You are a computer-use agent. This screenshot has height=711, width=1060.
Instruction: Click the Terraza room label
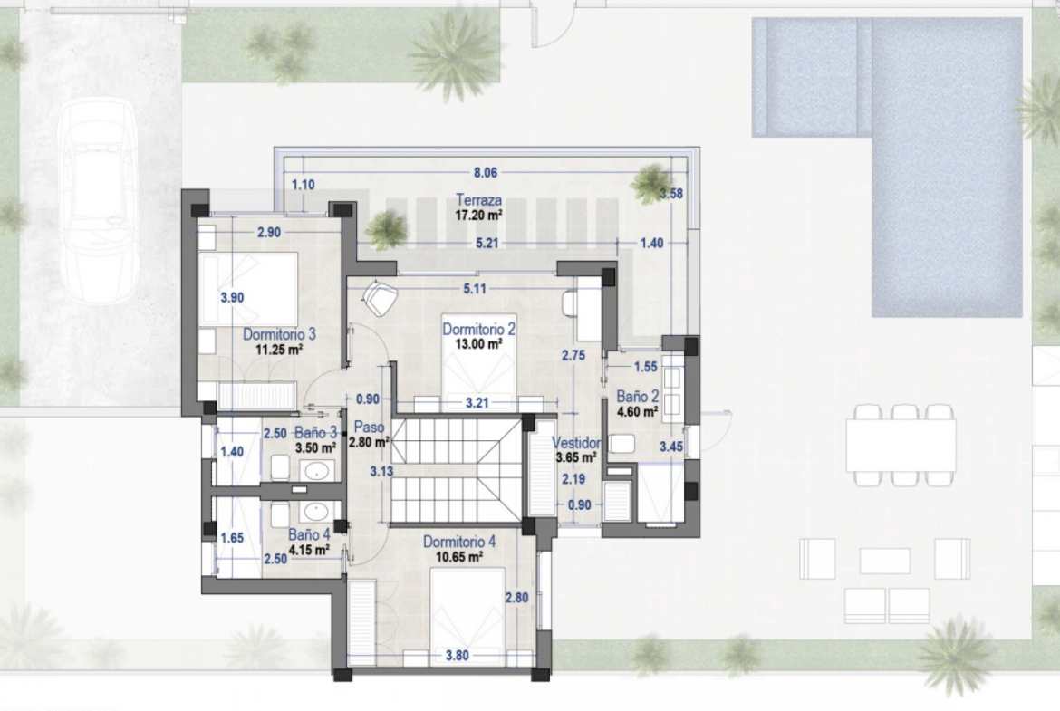coord(478,200)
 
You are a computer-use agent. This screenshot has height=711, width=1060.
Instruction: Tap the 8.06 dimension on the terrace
coord(486,172)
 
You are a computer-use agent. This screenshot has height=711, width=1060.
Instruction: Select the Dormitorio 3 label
coord(279,334)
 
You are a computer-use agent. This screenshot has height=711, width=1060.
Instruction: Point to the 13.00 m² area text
coord(478,344)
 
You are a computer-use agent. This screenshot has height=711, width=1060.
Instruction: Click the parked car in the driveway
coord(99,201)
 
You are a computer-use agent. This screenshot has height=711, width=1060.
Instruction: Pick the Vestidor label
coord(576,443)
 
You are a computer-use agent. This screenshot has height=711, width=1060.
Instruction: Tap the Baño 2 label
coord(637,397)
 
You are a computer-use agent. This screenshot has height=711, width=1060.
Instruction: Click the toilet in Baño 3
coord(280,467)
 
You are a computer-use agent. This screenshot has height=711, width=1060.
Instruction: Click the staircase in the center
coord(457,470)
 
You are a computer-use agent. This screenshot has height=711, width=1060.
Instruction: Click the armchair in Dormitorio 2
coord(380,297)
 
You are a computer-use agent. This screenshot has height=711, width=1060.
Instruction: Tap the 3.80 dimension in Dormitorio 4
coord(457,655)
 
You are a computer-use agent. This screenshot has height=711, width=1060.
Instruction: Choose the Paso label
coord(369,428)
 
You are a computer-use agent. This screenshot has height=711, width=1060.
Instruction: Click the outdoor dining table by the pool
coord(901,446)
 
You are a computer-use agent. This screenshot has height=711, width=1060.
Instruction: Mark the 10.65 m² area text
coord(459,558)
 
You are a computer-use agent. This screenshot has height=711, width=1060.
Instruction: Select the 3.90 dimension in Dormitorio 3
coord(232,297)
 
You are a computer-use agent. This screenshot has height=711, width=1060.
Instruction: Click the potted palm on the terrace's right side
coord(651,183)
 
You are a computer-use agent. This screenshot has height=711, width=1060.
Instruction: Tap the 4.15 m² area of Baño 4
coord(309,550)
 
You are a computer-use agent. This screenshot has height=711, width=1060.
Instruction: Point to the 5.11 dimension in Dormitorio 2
coord(474,289)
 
